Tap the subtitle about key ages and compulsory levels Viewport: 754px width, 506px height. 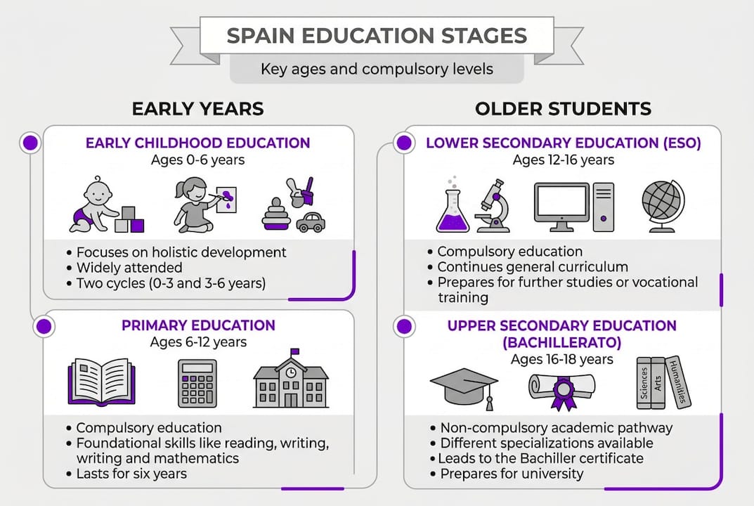(x=377, y=70)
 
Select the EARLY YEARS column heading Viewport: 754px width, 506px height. (x=197, y=108)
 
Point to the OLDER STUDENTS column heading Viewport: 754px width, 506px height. (x=563, y=108)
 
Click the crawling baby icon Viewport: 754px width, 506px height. (x=95, y=204)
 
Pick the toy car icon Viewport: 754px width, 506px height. (x=310, y=223)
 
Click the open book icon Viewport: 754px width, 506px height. (x=101, y=382)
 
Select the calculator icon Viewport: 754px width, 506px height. (x=197, y=383)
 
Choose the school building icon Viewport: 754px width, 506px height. (x=291, y=379)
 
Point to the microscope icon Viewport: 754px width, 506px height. (x=492, y=205)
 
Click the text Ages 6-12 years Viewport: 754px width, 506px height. (x=198, y=342)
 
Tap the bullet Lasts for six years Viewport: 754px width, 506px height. (x=131, y=473)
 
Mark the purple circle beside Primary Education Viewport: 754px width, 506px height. (x=44, y=326)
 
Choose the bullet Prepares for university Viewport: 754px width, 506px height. (x=512, y=473)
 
